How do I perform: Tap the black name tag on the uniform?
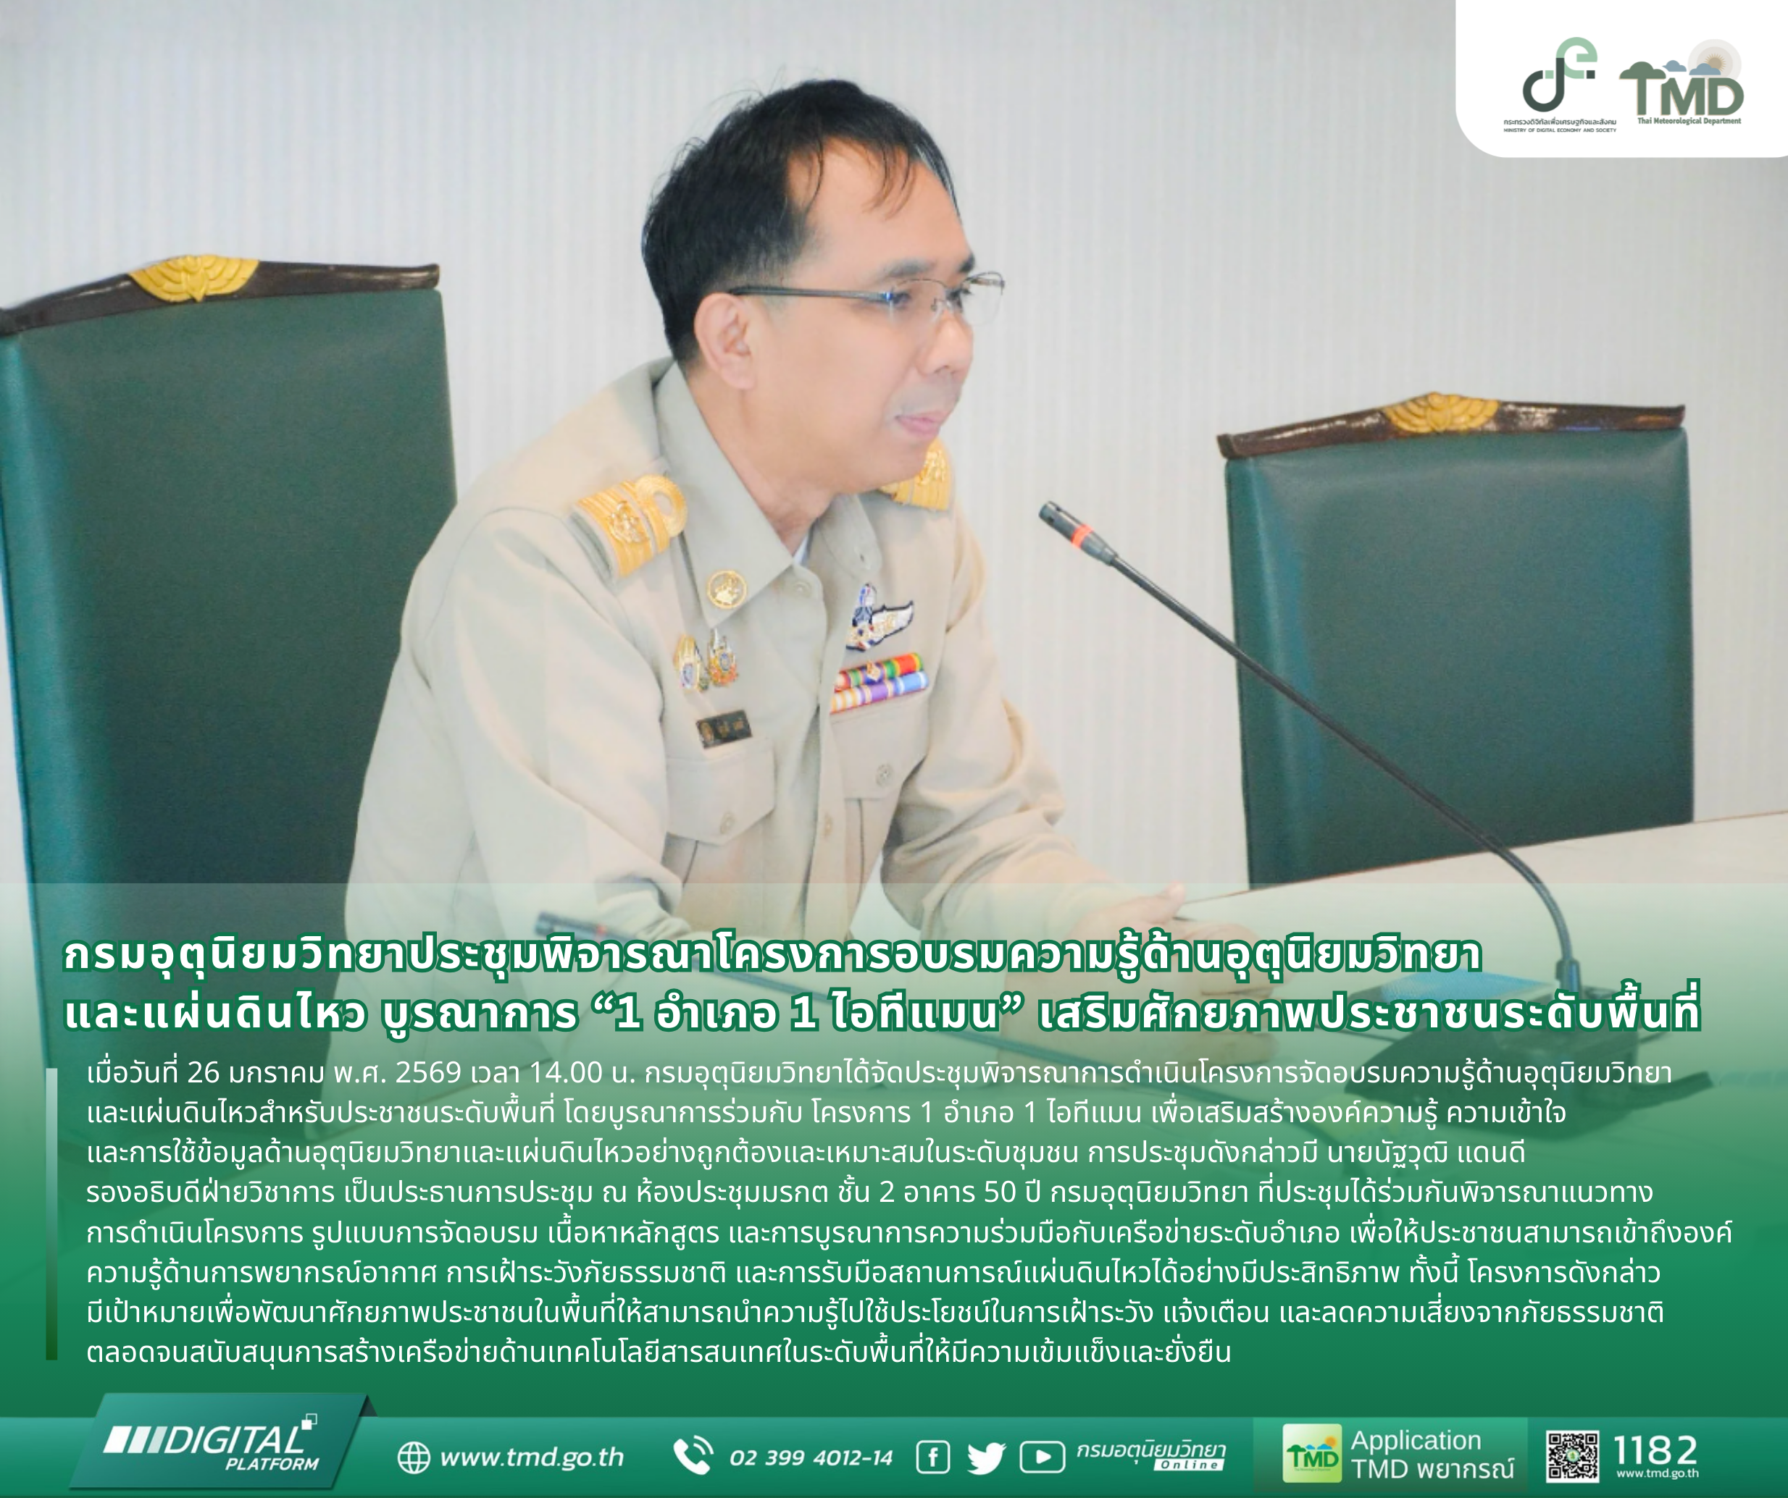point(723,728)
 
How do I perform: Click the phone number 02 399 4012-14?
point(811,1458)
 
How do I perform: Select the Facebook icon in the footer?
point(932,1457)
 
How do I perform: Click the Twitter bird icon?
point(986,1458)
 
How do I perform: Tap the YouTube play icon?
point(1042,1457)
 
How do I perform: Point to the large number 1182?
point(1656,1449)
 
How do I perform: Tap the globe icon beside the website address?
point(414,1457)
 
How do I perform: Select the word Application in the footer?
point(1416,1440)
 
